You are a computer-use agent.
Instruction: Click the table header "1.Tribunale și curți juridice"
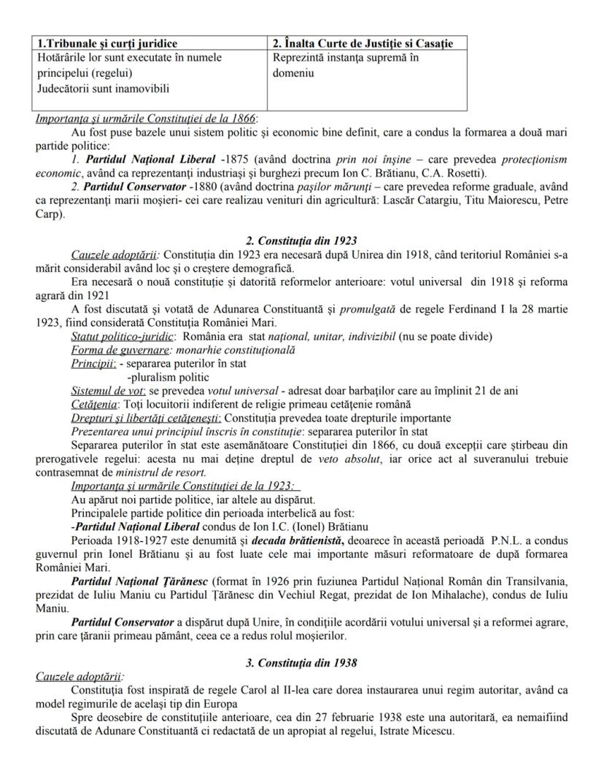click(x=107, y=44)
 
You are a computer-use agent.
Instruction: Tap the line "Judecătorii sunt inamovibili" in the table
click(x=102, y=89)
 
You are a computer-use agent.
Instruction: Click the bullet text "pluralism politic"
click(x=168, y=377)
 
